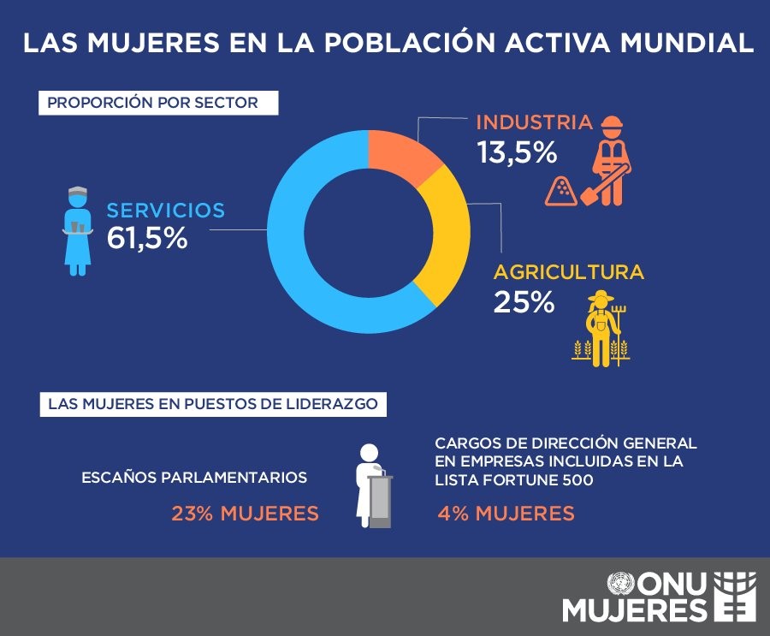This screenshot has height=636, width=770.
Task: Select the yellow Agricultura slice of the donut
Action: pyautogui.click(x=447, y=240)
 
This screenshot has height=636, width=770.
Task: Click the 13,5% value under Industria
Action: pyautogui.click(x=518, y=153)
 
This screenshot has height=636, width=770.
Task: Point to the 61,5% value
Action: pyautogui.click(x=147, y=239)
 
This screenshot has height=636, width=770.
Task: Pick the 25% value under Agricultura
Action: pyautogui.click(x=524, y=303)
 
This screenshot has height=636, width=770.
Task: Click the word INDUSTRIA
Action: pyautogui.click(x=534, y=122)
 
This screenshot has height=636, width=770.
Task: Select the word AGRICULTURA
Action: pyautogui.click(x=568, y=273)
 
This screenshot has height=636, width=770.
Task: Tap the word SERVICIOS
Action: pyautogui.click(x=165, y=210)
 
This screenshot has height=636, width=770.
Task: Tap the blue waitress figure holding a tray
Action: pyautogui.click(x=78, y=231)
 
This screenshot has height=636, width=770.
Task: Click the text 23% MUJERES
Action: pyautogui.click(x=245, y=514)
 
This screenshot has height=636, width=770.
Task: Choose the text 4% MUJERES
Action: pyautogui.click(x=506, y=514)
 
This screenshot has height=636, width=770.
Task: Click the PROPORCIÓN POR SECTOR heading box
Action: pyautogui.click(x=159, y=104)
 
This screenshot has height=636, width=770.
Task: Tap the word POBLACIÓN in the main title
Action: pyautogui.click(x=421, y=44)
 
